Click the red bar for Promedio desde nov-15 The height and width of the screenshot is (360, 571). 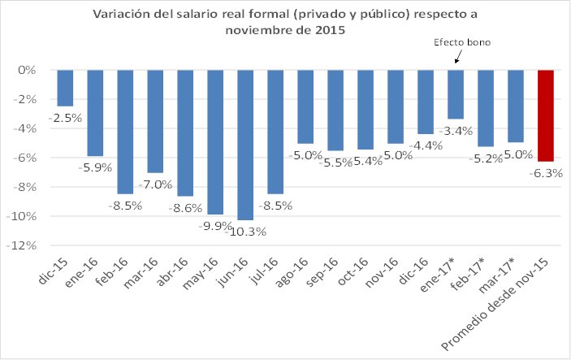point(545,115)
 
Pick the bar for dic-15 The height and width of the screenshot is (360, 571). point(65,88)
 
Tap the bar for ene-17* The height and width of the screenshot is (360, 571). point(455,94)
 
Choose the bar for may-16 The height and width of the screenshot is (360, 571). point(215,142)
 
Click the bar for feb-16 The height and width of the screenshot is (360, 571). point(125,132)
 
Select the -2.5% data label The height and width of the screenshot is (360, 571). point(65,119)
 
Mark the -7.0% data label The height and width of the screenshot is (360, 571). point(155,185)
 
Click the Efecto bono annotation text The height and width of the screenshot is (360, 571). point(464,42)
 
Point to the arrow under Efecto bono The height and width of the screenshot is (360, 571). point(456,58)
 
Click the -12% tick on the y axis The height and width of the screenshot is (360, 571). point(26,245)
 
